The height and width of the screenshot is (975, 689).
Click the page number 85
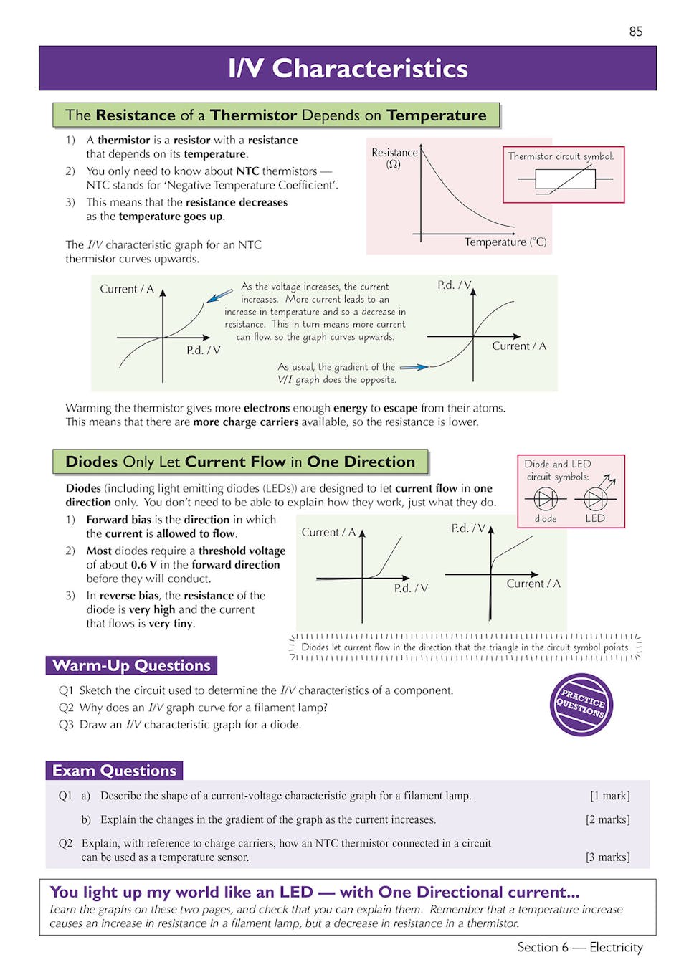635,31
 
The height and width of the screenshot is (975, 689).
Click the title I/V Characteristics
348,68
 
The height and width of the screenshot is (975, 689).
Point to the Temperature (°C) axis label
505,242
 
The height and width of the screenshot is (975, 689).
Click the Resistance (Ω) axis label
394,158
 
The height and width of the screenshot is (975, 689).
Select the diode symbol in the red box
546,498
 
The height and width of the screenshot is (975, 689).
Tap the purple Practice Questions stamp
581,705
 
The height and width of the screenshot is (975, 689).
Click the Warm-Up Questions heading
131,665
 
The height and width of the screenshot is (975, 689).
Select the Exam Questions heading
114,771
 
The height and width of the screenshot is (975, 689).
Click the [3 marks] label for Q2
607,857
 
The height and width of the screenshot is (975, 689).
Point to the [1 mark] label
609,796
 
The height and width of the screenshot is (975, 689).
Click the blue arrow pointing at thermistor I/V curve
219,295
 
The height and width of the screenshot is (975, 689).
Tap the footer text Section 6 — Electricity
579,947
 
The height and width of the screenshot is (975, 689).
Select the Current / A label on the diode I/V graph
328,532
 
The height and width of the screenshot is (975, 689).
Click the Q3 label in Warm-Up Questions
66,724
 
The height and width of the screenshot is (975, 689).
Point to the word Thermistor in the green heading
253,115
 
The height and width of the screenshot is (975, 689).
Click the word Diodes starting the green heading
91,462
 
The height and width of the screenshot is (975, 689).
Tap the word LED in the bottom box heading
295,892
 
